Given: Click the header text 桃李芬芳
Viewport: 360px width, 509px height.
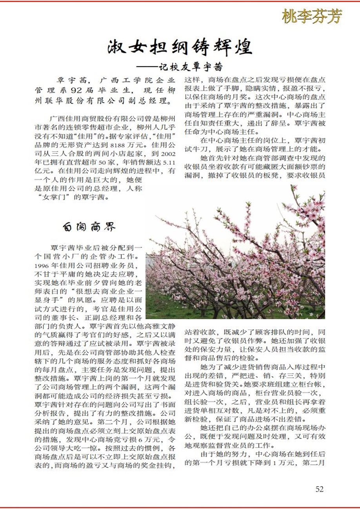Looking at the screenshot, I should [312, 16].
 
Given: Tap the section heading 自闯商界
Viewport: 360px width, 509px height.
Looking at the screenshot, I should [89, 227].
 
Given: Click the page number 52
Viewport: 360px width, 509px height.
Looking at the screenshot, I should [319, 489].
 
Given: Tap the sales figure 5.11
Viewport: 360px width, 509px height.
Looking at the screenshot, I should [168, 163].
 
